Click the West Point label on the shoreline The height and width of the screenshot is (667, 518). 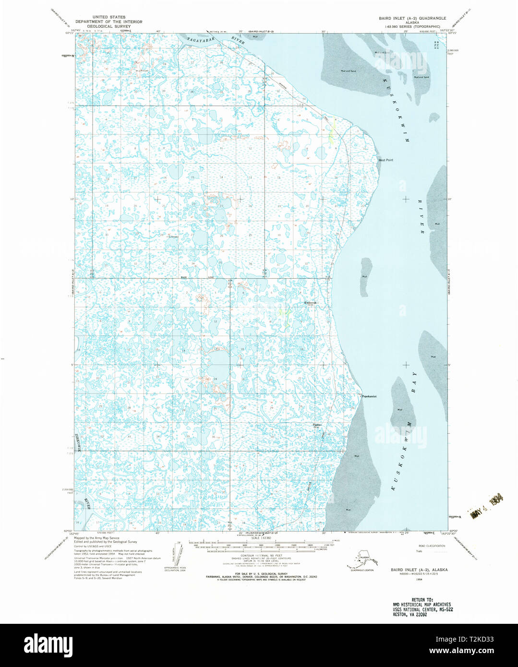click(x=385, y=160)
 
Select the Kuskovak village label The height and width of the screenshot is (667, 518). click(x=311, y=303)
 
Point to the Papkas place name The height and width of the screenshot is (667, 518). click(x=316, y=425)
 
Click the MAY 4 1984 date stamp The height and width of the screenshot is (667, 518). click(x=486, y=507)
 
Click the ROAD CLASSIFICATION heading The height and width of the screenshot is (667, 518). click(x=432, y=546)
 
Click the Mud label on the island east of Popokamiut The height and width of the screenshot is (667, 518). click(x=400, y=409)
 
